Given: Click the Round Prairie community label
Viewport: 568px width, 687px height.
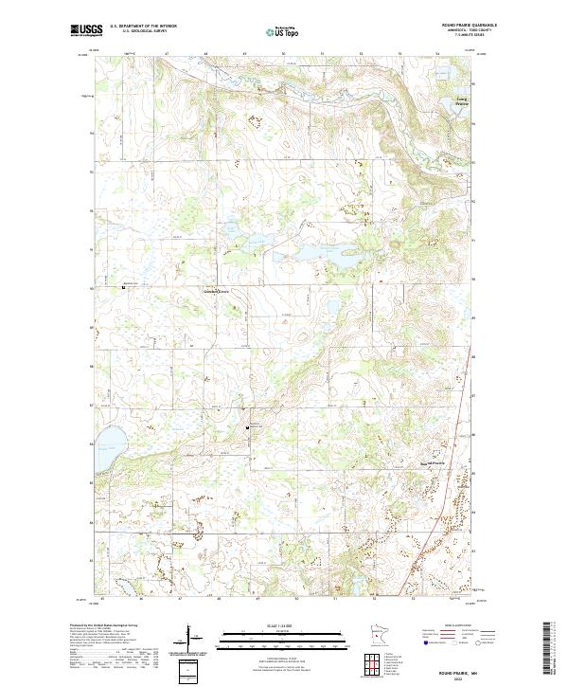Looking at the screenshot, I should [432, 462].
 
